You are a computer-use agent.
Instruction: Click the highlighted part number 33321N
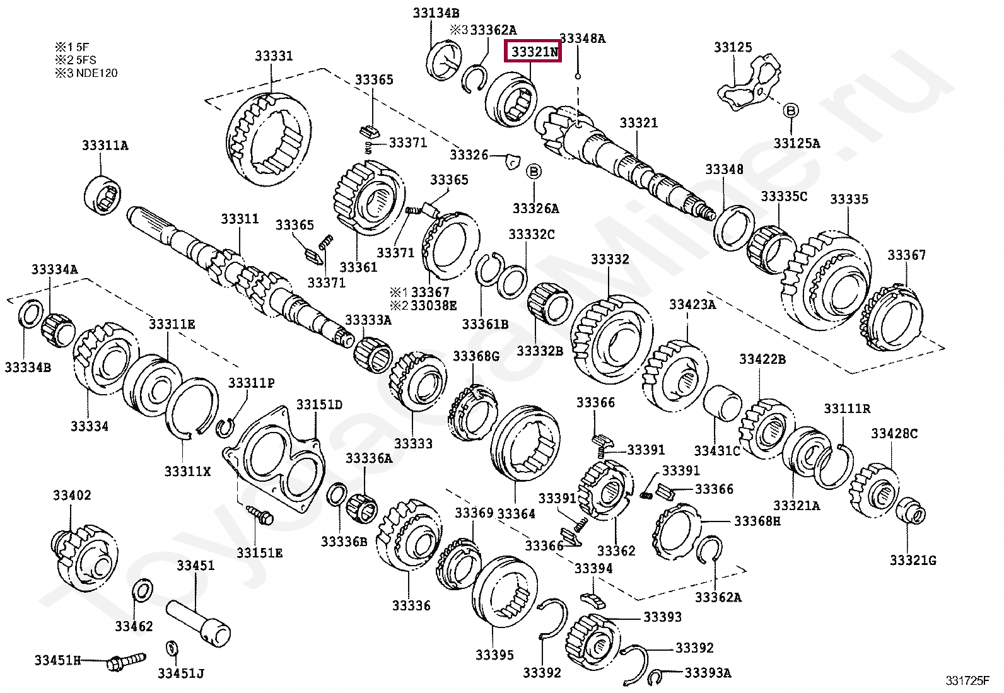[534, 51]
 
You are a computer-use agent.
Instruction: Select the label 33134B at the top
[436, 13]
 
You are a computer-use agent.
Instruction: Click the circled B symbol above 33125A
[791, 110]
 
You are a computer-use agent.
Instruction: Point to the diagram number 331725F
[967, 680]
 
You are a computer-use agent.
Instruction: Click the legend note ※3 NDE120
[86, 73]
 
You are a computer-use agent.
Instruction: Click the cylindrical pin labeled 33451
[199, 621]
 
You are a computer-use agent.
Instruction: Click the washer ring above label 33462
[143, 591]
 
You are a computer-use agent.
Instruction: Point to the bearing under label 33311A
[103, 195]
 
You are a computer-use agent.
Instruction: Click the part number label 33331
[274, 55]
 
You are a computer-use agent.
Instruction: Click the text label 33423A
[692, 305]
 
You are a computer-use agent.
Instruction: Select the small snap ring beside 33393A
[655, 677]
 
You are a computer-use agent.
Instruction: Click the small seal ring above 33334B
[31, 314]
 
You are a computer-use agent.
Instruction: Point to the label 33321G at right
[912, 560]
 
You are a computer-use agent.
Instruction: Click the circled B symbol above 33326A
[534, 172]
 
